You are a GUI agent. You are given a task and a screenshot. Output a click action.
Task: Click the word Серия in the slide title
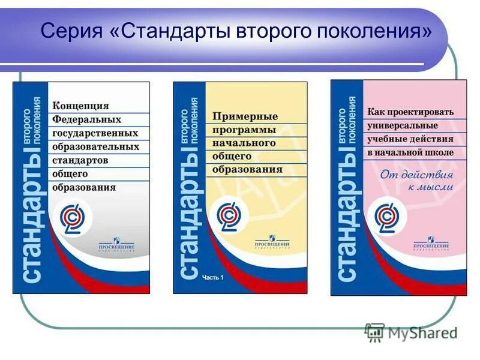71,30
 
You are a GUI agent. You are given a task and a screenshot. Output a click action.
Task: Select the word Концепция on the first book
81,106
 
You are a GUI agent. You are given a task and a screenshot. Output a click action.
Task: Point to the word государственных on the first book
95,133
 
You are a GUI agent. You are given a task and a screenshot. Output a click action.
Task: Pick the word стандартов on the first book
80,160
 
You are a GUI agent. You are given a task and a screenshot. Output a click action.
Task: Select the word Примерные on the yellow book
245,116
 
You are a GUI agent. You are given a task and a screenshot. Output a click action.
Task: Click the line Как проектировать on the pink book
410,112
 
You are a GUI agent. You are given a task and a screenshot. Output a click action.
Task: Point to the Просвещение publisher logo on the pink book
431,244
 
